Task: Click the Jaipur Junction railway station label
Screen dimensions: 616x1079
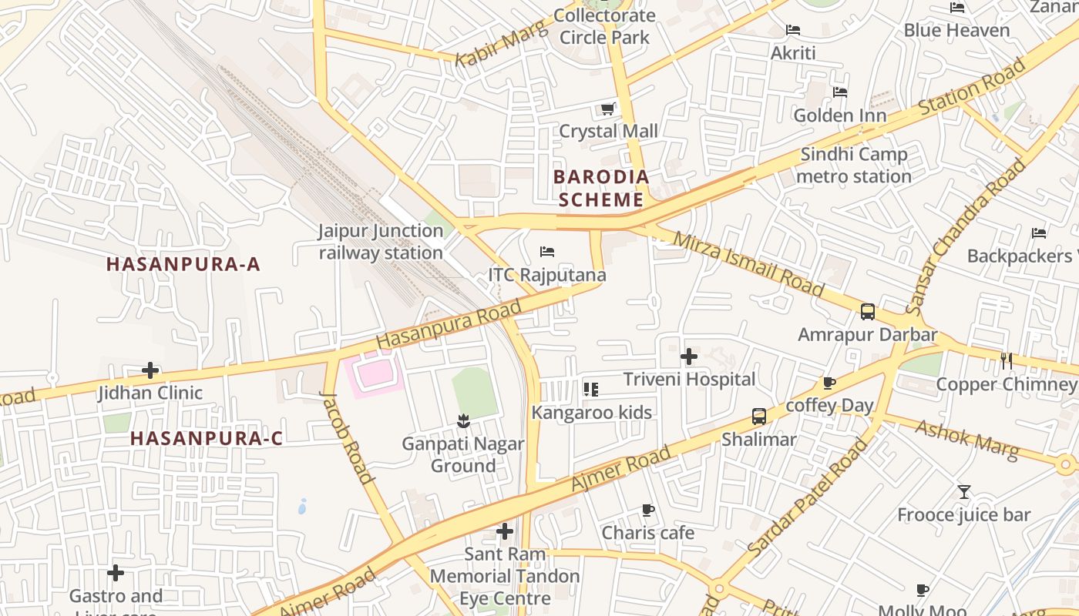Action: tap(381, 242)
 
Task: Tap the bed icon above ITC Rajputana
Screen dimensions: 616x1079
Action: tap(547, 252)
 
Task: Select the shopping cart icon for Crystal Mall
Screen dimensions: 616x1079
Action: tap(608, 109)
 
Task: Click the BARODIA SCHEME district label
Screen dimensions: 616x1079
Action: tap(601, 189)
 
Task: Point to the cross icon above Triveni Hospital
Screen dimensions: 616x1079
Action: tap(689, 357)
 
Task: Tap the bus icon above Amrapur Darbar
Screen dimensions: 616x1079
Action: tap(868, 312)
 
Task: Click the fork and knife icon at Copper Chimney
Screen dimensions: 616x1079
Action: tap(1006, 360)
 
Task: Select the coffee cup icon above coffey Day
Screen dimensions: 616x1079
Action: tap(829, 383)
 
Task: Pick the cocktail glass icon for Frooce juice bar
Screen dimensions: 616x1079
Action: tap(963, 491)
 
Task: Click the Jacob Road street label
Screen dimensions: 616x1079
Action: tap(347, 437)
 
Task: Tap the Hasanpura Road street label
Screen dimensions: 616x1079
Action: tap(449, 323)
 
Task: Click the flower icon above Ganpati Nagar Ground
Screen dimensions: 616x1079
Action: tap(462, 420)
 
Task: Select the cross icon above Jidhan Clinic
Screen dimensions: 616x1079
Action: tap(150, 370)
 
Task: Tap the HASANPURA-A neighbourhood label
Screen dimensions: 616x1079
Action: tap(183, 264)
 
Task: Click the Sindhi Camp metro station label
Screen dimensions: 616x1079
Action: tap(854, 166)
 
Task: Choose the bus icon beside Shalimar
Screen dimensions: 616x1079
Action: tap(759, 417)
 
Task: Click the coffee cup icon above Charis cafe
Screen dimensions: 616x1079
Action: tap(647, 510)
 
